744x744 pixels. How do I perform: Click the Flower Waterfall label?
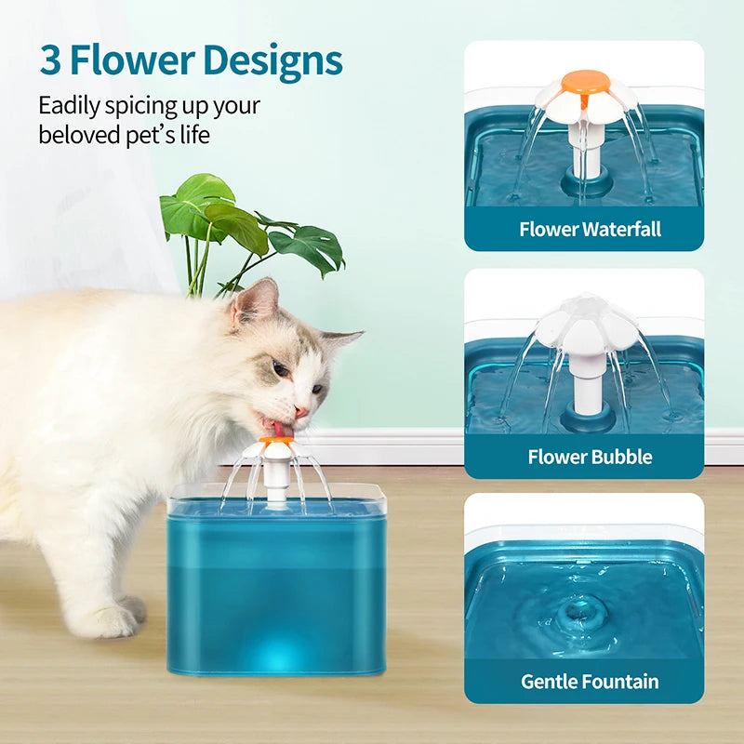click(x=591, y=229)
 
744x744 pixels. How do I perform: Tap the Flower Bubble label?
click(x=591, y=457)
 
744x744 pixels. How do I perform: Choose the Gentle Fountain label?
click(x=591, y=681)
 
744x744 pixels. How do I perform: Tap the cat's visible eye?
click(x=280, y=370)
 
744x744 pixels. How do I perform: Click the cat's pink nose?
click(x=300, y=410)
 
